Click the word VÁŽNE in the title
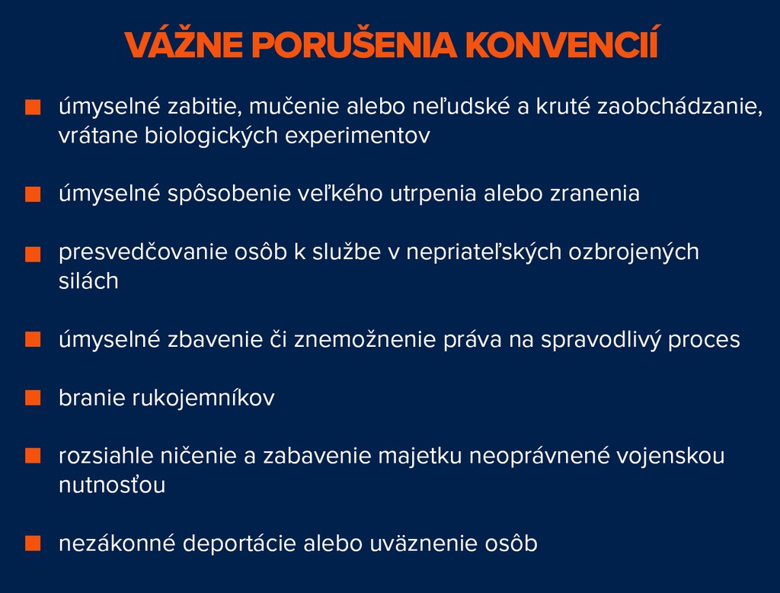tap(184, 43)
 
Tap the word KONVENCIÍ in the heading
tap(561, 43)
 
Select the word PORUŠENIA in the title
tap(354, 43)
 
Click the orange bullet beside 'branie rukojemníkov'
tap(33, 398)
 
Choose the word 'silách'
tap(88, 280)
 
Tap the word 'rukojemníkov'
tap(203, 398)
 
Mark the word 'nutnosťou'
tap(112, 485)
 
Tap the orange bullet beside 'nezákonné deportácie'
tap(33, 543)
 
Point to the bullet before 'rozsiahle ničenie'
tap(33, 456)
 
